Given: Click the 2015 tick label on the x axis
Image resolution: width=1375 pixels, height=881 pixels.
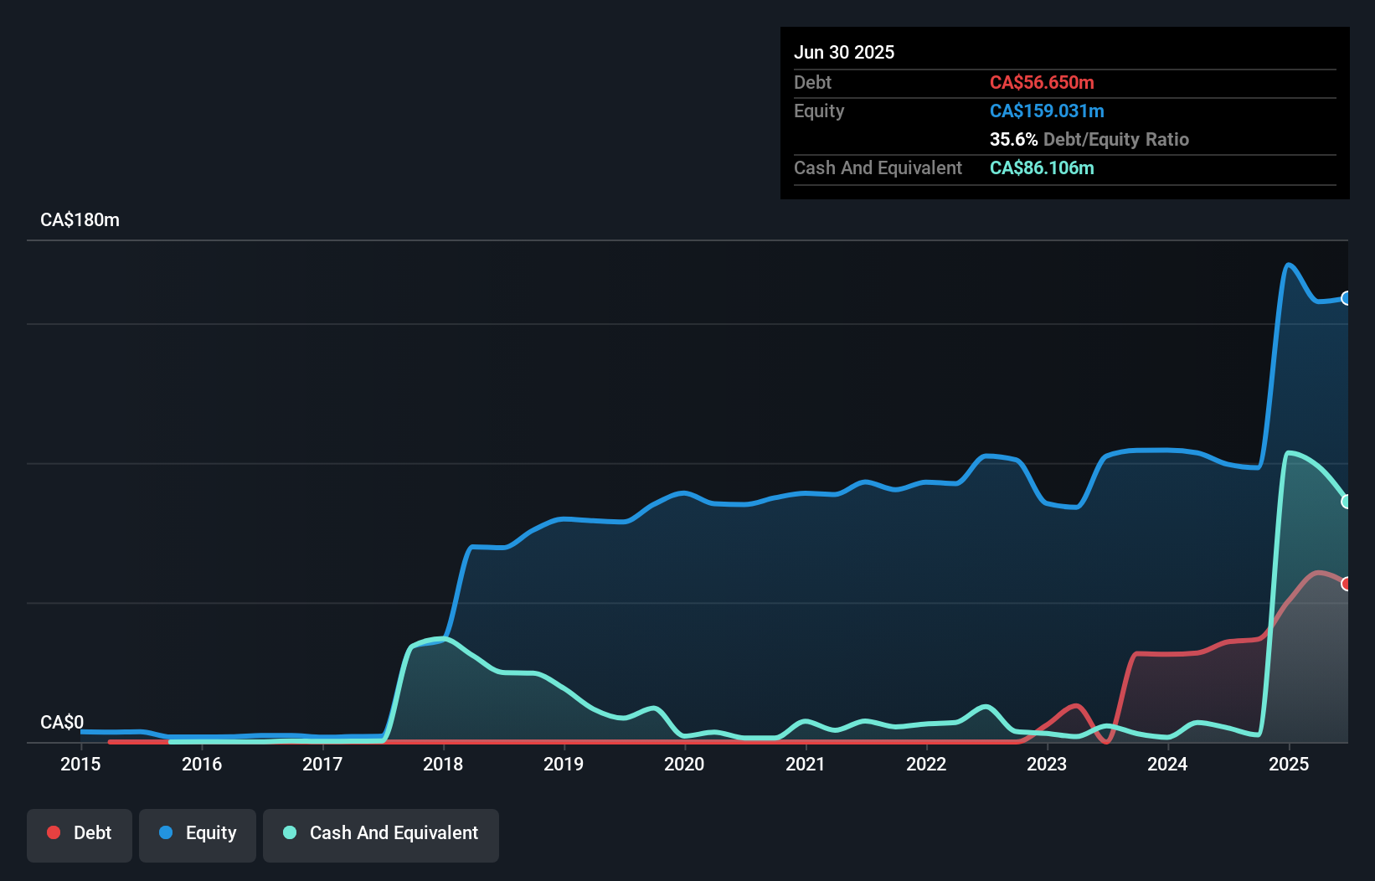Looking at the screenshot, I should pos(80,764).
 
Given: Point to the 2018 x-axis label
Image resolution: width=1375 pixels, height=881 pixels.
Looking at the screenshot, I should pos(443,764).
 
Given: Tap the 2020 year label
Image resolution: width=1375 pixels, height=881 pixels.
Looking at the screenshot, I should pos(684,764).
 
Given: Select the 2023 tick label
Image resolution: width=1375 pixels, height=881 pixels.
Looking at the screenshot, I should pos(1047,764).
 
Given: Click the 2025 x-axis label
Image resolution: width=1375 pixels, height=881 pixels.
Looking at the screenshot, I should pos(1289,764).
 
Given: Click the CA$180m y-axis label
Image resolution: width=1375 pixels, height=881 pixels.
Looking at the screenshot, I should pos(80,220).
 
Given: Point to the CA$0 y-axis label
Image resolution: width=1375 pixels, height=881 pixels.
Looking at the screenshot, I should pos(62,722).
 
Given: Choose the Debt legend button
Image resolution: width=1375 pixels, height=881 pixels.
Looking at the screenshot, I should pos(80,833).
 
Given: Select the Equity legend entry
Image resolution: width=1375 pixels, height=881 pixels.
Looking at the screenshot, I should pos(198,833).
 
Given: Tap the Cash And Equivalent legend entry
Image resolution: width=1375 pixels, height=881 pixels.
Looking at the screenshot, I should pos(381,833).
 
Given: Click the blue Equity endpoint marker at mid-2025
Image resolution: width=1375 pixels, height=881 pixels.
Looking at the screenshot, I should pos(1346,298).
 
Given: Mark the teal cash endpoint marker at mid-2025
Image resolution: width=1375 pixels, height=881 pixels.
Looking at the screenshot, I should pos(1346,502).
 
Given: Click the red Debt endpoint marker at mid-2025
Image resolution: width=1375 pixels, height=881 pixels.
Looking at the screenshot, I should pos(1346,584).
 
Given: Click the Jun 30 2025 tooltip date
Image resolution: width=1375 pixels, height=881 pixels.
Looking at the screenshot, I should pos(844,52).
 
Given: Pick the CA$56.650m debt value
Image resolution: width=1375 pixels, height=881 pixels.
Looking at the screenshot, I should pos(1042,82).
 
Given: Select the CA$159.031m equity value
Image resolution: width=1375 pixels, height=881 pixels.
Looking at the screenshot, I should pos(1047,111).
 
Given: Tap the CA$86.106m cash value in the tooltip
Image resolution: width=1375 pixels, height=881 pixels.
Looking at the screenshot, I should pos(1042,167).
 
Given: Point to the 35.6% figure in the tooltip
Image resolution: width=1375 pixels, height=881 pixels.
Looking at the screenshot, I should pos(1013,139).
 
